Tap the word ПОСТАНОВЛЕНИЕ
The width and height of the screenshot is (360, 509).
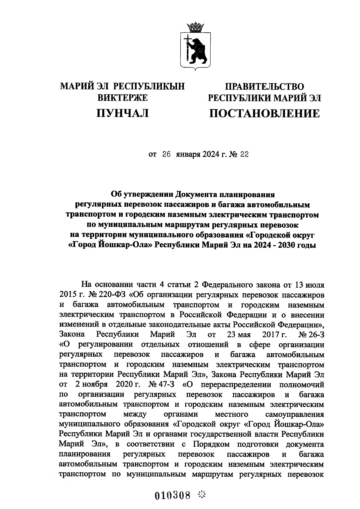coord(264,114)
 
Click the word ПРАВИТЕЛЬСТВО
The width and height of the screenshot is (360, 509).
coord(265,87)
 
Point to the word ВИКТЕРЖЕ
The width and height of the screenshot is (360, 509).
coord(123,97)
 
